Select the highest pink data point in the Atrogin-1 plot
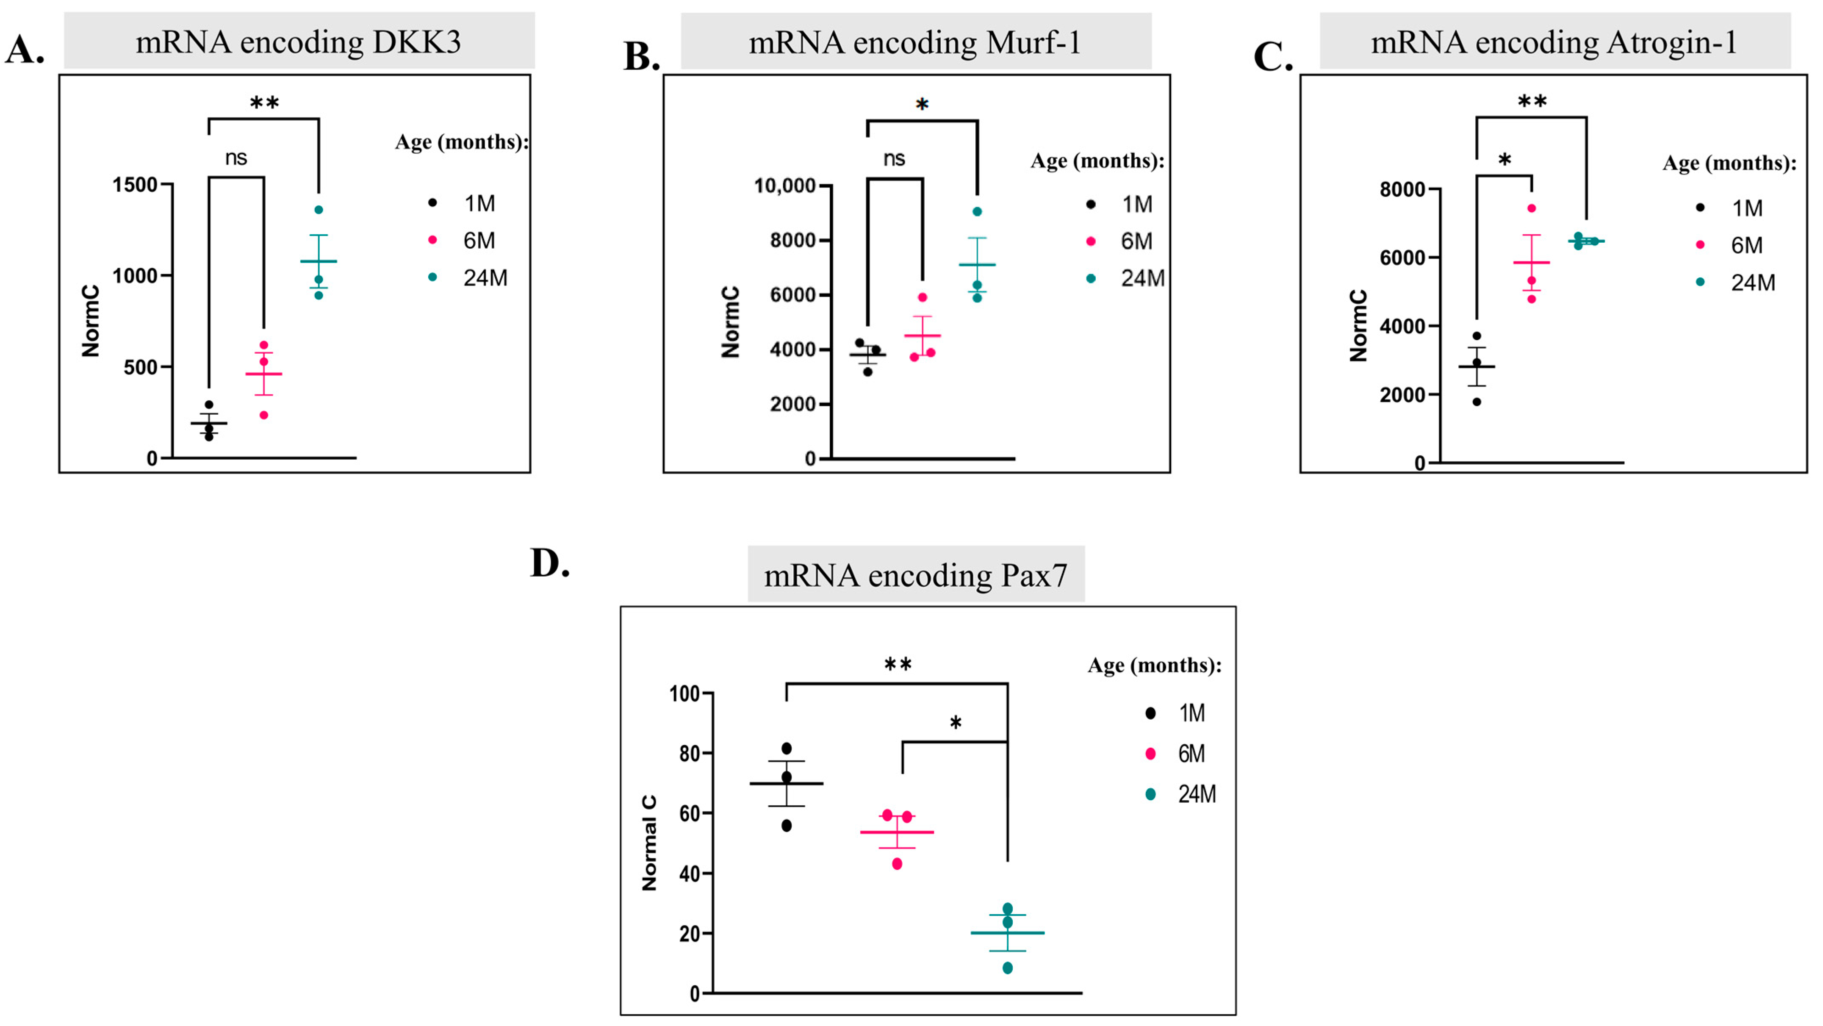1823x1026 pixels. tap(1532, 208)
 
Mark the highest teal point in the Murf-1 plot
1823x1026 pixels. tap(977, 211)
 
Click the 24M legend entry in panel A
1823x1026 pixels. tap(485, 278)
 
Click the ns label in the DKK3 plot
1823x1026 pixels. tap(236, 158)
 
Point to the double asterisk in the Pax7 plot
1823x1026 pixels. tap(898, 664)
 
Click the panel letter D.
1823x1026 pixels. tap(549, 564)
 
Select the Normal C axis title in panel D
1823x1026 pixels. tap(649, 842)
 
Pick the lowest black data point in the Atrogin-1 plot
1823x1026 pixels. tap(1477, 402)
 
